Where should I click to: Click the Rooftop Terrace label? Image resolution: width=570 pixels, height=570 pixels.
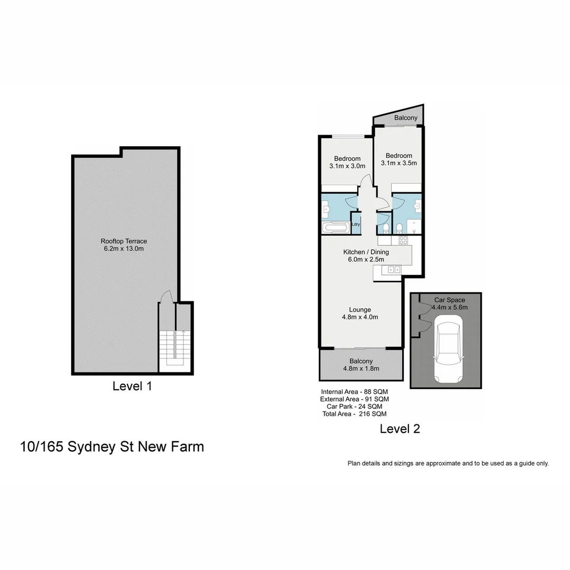(x=124, y=241)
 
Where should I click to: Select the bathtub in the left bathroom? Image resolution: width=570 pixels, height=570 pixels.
(x=336, y=229)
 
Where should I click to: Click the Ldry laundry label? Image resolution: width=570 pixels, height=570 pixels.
(x=356, y=225)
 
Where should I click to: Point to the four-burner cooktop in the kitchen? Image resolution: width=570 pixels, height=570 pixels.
(x=404, y=240)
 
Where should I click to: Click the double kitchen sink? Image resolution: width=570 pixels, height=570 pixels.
(x=394, y=270)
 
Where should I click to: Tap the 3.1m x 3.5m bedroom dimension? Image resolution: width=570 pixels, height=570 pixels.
(x=398, y=163)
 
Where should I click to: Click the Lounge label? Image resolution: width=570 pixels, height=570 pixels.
(x=360, y=310)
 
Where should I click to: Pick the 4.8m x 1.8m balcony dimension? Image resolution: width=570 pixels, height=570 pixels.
(x=361, y=369)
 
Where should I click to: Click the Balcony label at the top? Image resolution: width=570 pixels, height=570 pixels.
(x=406, y=118)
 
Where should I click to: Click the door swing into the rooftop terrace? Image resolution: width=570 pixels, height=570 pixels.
(x=166, y=297)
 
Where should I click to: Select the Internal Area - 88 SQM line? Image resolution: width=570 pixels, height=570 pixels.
(x=355, y=392)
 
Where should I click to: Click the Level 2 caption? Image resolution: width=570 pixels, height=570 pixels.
(x=400, y=429)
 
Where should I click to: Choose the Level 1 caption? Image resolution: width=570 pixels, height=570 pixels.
(x=132, y=386)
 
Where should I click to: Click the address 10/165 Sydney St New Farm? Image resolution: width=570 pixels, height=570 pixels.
(x=112, y=446)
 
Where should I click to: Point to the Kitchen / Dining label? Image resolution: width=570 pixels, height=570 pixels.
(x=366, y=252)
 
